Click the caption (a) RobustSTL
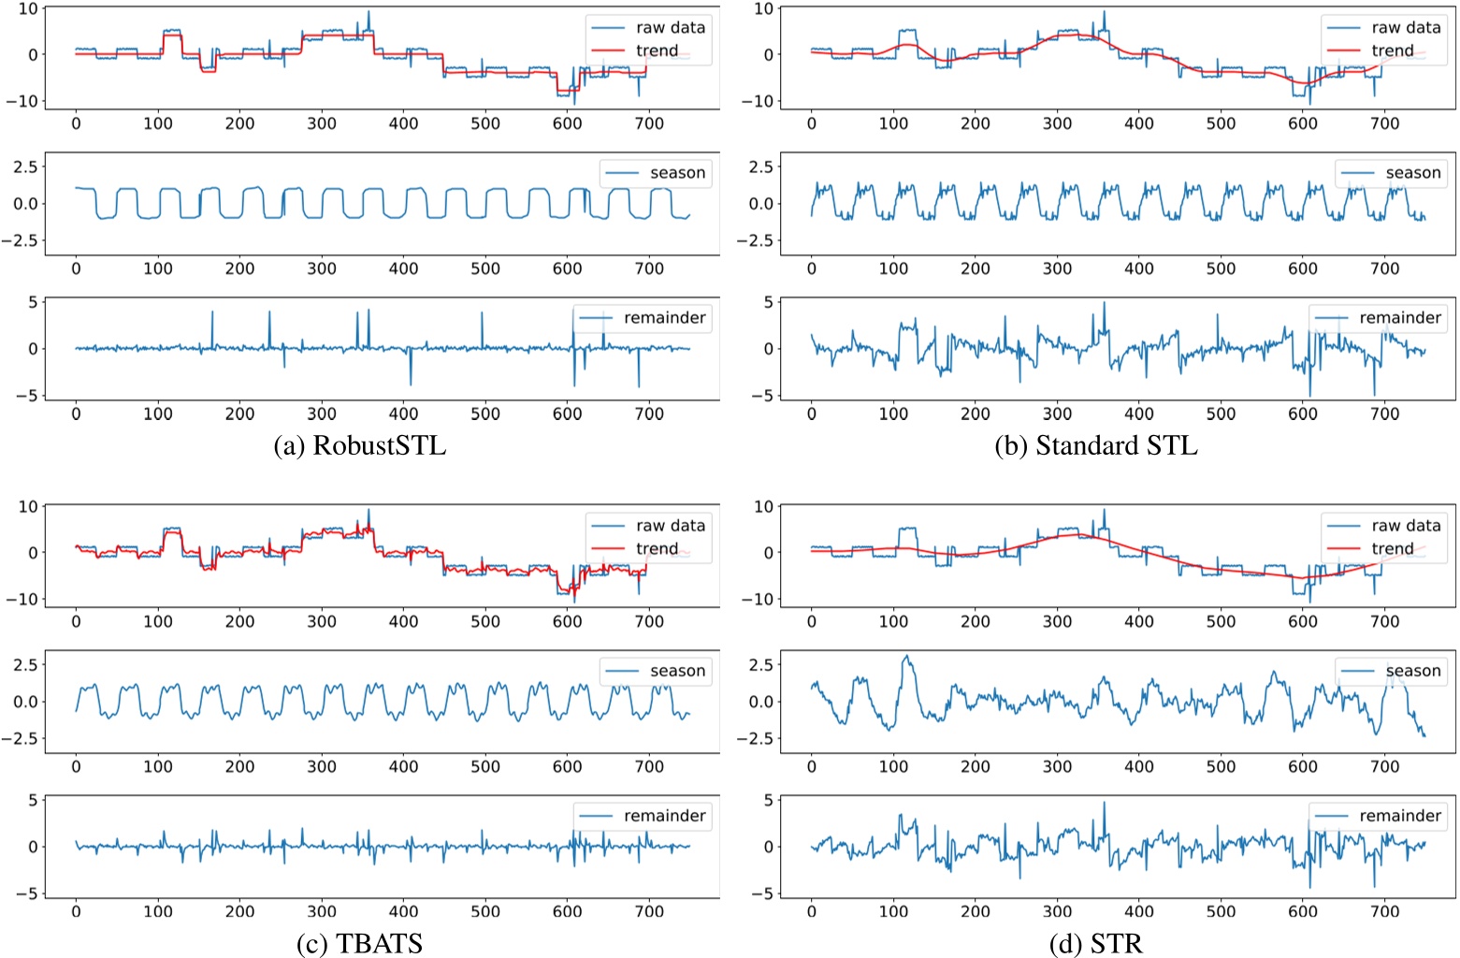coord(359,445)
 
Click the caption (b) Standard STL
coord(1095,445)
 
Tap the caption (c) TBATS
coord(359,943)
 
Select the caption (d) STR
coord(1095,943)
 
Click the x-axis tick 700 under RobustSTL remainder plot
coord(649,414)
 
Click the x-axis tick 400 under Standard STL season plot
coord(1138,269)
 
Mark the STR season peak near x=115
coord(905,657)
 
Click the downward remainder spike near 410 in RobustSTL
coord(410,384)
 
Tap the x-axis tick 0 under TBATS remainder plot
coord(76,911)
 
